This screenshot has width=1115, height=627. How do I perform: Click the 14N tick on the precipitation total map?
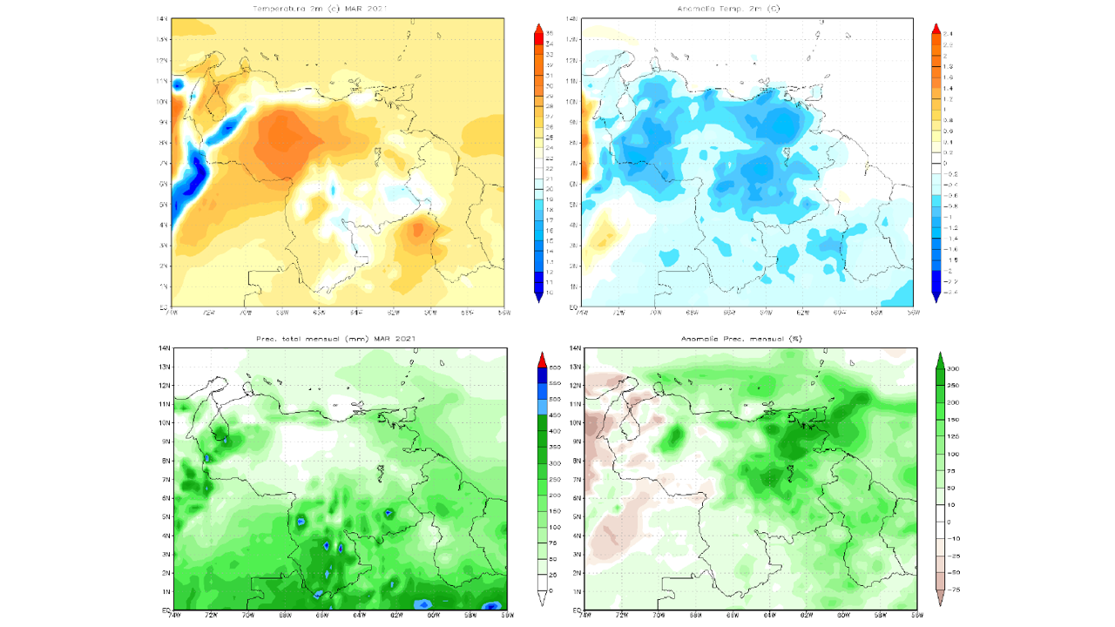point(163,348)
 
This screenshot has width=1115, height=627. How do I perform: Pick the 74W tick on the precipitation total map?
point(173,615)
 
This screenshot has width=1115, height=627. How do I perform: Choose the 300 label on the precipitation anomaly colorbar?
point(953,368)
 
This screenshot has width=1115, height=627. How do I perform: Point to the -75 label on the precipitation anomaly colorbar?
point(953,590)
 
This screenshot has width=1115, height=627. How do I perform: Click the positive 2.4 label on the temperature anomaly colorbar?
point(947,33)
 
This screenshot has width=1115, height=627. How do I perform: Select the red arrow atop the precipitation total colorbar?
point(541,360)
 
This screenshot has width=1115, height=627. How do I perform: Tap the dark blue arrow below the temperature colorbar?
point(540,297)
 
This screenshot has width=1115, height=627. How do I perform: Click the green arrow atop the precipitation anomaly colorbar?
point(940,358)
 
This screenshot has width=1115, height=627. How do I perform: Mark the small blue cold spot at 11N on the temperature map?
point(178,84)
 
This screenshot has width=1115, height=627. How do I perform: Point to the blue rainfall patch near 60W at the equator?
point(424,603)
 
